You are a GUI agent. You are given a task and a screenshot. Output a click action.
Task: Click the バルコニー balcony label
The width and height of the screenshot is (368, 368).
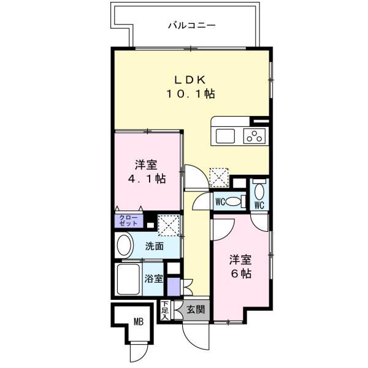tap(192, 25)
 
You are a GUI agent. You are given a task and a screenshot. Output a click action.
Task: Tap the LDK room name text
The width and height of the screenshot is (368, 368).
tap(190, 80)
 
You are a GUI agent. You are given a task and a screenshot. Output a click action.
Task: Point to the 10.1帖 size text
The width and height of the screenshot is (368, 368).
tap(191, 94)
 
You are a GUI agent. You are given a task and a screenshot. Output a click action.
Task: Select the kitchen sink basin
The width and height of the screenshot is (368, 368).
tap(225, 136)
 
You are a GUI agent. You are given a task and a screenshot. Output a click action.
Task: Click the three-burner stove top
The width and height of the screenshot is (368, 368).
tap(255, 136)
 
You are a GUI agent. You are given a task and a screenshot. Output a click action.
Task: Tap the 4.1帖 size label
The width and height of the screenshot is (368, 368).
tap(147, 179)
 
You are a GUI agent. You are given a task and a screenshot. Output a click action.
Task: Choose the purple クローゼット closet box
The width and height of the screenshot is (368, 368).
tap(129, 221)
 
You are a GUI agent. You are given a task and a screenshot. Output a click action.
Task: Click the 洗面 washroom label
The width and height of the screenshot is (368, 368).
tap(154, 246)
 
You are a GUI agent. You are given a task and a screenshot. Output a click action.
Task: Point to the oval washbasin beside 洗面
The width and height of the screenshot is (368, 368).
tap(124, 246)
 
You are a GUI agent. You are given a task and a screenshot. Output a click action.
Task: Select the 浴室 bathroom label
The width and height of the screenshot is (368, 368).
tap(154, 278)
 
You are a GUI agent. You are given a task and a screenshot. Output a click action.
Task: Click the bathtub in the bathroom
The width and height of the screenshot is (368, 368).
tap(128, 279)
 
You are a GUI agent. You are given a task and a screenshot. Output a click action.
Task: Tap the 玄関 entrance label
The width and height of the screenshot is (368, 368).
tap(196, 310)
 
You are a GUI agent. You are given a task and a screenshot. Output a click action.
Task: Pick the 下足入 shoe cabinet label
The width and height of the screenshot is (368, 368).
tap(165, 310)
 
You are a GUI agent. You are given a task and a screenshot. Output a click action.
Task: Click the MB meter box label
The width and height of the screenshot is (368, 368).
tap(139, 321)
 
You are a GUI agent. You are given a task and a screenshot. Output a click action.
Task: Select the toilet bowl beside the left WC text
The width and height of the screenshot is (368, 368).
tap(232, 202)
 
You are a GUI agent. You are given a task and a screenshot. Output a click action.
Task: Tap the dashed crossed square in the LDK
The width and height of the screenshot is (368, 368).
tap(219, 178)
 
